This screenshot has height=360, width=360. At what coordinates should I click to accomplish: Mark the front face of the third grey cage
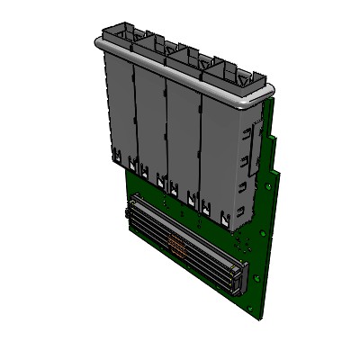coord(182,135)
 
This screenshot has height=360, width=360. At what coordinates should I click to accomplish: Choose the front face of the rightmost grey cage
coord(217,153)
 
